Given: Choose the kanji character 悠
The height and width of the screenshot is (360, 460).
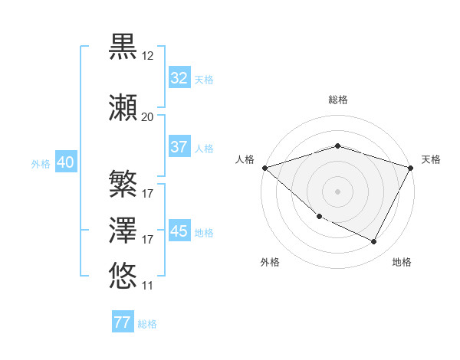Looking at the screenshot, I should [123, 274].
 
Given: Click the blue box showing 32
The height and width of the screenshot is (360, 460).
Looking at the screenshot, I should [179, 78].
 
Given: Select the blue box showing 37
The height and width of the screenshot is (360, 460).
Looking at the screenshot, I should [179, 147].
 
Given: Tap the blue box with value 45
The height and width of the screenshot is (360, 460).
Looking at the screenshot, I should [179, 231].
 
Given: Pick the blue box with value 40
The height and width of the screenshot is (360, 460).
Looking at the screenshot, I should [64, 162].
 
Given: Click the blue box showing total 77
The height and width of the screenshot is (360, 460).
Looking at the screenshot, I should [123, 322].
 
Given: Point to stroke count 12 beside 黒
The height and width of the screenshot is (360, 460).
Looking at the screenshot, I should [148, 56].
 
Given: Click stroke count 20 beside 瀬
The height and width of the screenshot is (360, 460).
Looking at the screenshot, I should [148, 117].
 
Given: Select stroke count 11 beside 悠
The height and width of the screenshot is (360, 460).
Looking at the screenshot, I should [148, 286].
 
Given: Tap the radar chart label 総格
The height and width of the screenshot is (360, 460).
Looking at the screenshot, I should [338, 100].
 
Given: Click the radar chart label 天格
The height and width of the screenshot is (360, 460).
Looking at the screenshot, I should [431, 159].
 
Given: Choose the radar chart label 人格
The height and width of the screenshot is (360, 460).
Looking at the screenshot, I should [245, 159].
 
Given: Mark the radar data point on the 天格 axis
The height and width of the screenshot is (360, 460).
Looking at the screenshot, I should [411, 167].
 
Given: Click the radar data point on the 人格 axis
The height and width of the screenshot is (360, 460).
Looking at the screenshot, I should [264, 167].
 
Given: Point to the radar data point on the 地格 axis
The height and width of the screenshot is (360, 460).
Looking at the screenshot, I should [374, 242].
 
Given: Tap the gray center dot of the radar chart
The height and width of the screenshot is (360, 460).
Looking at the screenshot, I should [337, 191].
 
